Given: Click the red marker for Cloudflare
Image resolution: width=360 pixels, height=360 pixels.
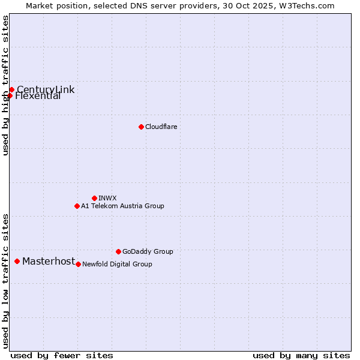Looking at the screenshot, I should (x=141, y=127).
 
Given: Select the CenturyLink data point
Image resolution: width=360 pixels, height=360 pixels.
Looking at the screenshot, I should (x=11, y=90).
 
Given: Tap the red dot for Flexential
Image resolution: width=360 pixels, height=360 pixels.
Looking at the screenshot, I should (x=10, y=95).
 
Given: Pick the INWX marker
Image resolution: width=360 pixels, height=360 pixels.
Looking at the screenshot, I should (x=94, y=198).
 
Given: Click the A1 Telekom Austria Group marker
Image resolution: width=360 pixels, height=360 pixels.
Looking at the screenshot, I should (x=77, y=206).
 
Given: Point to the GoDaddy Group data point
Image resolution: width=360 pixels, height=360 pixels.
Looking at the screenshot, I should (x=118, y=251).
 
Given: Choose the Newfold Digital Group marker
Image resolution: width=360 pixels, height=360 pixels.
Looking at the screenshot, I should (x=78, y=264).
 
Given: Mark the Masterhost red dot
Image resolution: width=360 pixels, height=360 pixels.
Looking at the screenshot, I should (x=17, y=261).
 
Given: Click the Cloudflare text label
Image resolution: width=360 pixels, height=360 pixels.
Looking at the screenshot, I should (x=161, y=127).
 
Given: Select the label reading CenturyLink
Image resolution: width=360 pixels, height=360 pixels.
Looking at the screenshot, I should (x=46, y=90).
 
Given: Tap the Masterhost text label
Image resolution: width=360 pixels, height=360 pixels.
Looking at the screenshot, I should (x=49, y=261).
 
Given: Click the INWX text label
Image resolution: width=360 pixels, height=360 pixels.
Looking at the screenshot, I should (x=107, y=198).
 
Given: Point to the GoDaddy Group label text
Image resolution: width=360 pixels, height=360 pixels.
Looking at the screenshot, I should (x=148, y=251).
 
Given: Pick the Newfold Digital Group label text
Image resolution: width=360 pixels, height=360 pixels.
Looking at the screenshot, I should (x=117, y=264).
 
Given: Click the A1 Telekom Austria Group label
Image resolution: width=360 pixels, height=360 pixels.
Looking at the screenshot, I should (x=122, y=206).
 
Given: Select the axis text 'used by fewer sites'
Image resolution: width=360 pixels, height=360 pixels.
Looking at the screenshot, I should (x=62, y=355).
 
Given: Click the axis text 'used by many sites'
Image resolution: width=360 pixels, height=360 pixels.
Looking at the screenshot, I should (x=301, y=355).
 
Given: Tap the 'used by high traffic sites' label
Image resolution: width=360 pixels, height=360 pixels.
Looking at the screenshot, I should (x=5, y=85).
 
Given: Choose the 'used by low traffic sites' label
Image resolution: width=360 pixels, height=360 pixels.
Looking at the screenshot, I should (x=5, y=280).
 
